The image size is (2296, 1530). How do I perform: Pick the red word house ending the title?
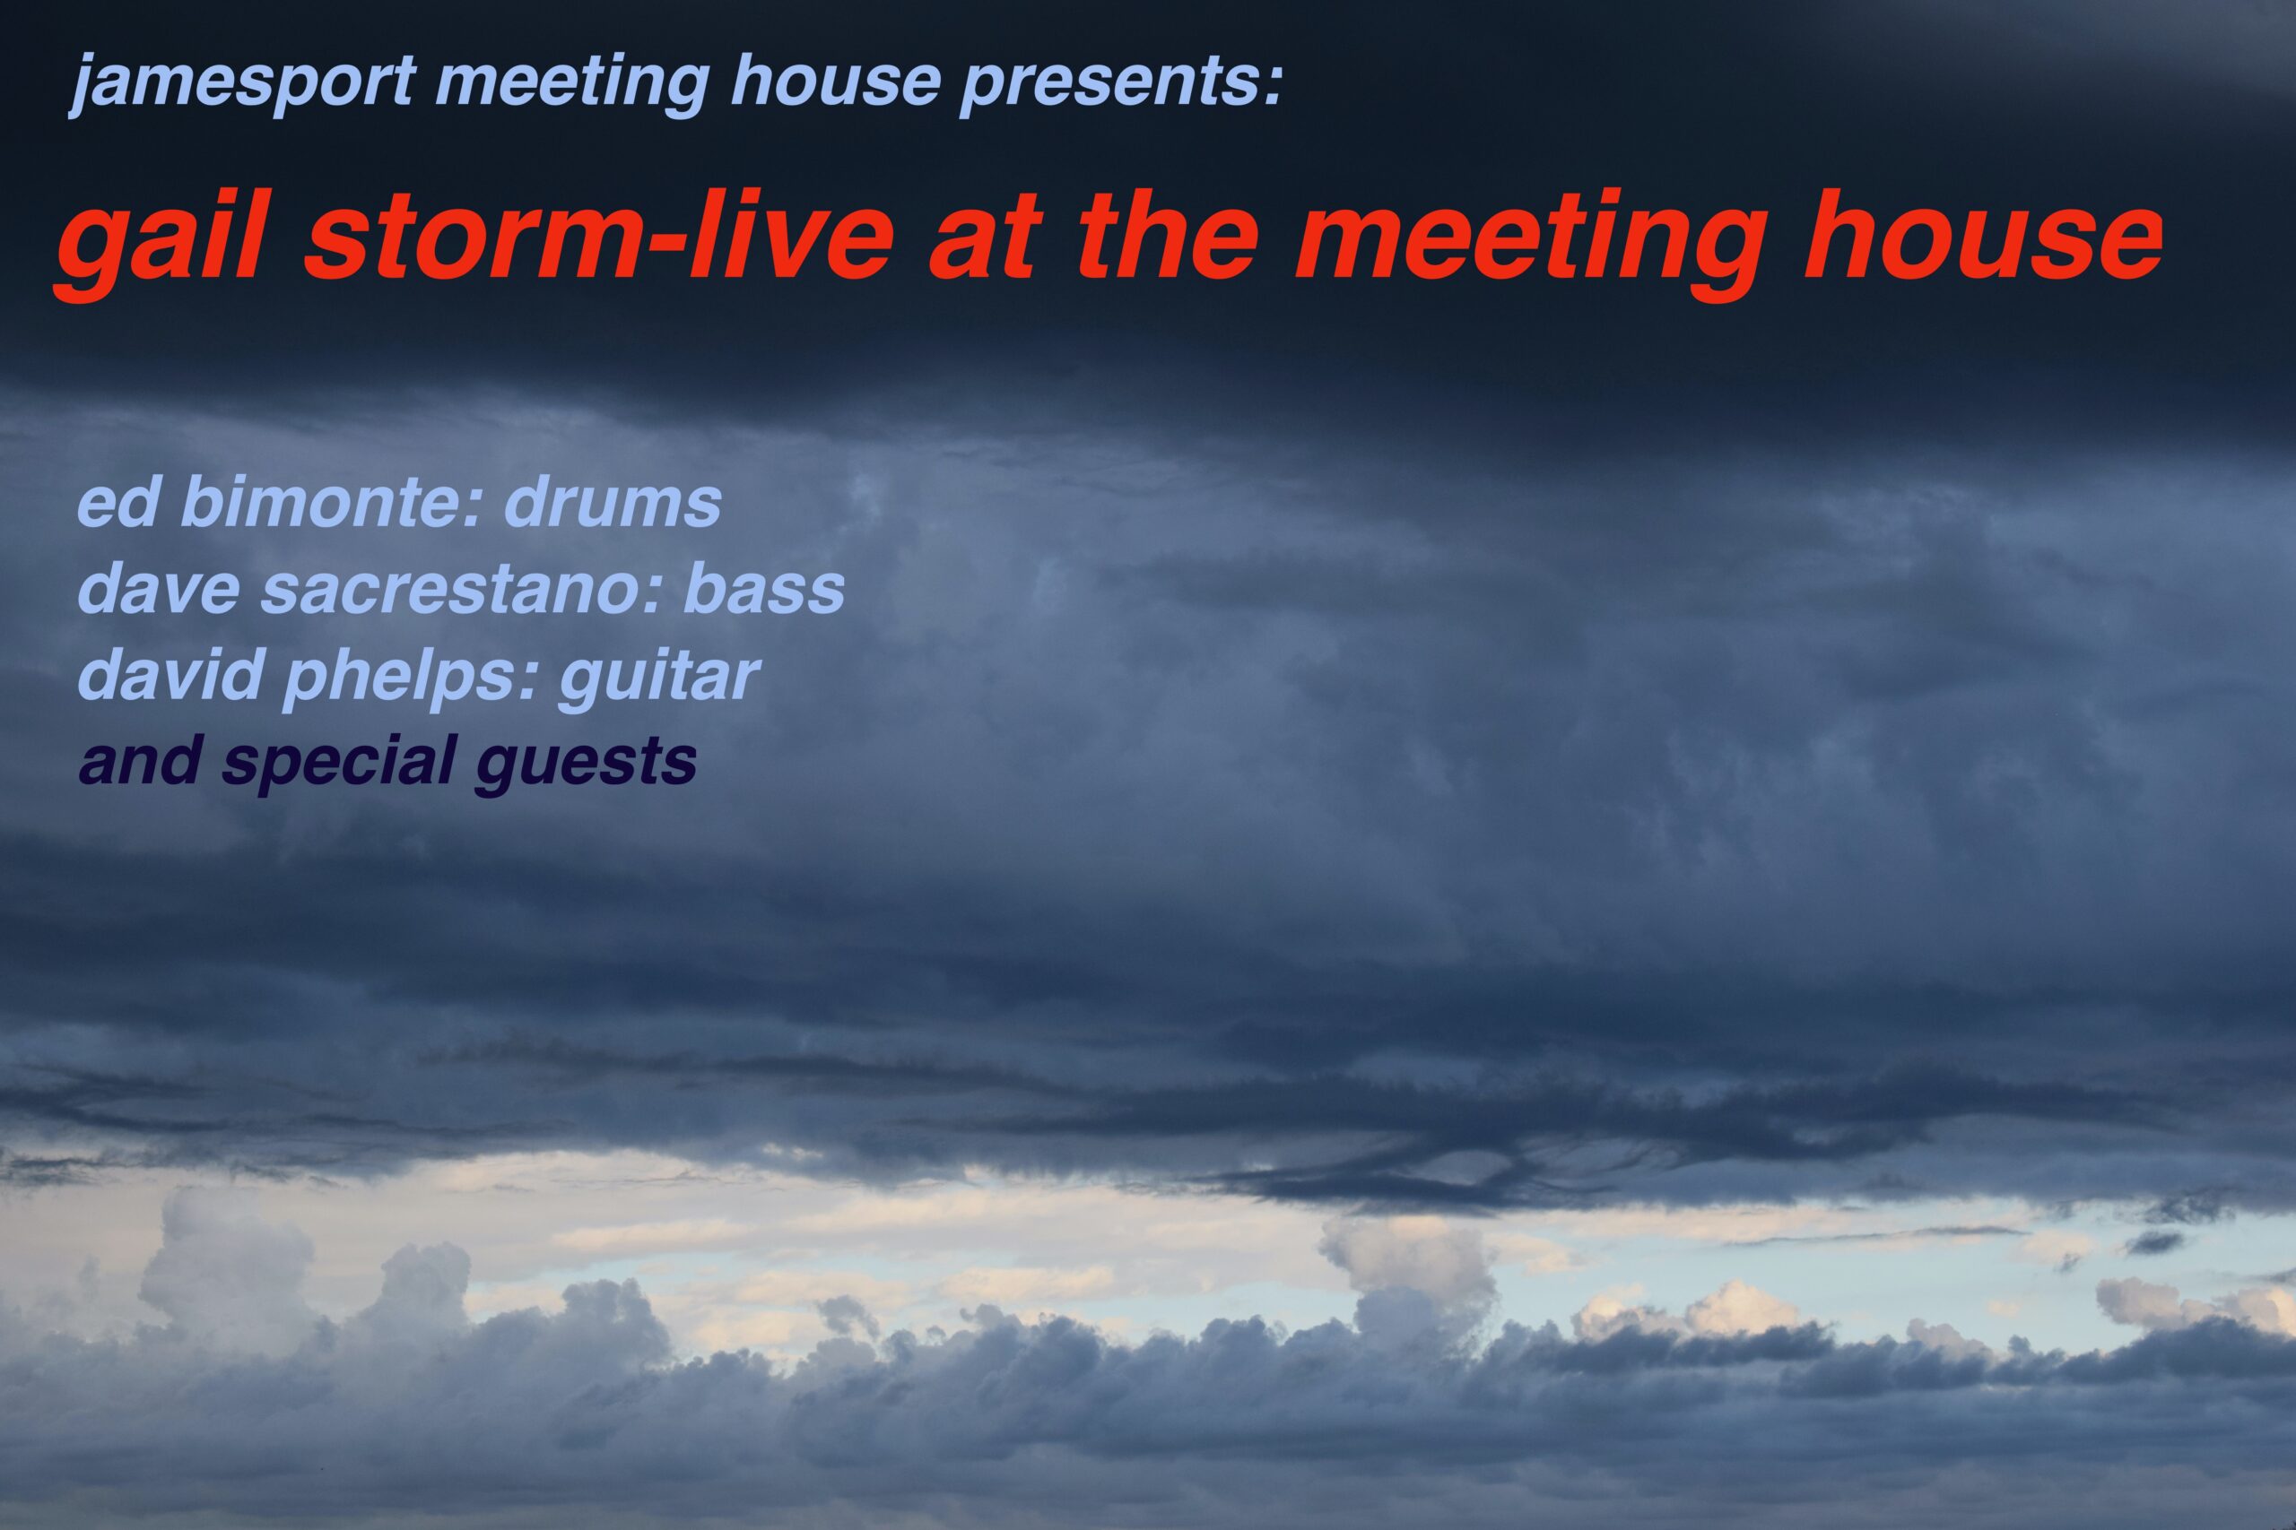1985,239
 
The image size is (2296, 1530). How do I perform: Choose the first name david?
170,674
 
